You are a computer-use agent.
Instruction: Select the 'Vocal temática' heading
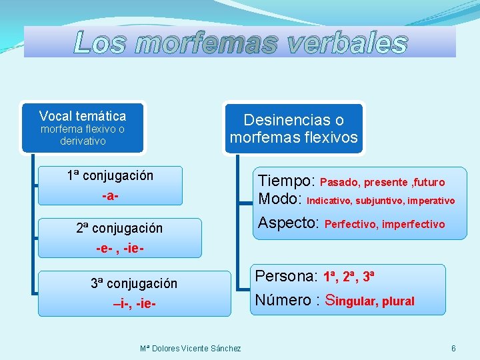click(x=82, y=115)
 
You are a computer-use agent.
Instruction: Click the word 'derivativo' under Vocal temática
click(x=82, y=141)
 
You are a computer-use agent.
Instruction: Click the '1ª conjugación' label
click(x=110, y=175)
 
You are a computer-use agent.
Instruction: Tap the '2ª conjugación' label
click(x=119, y=228)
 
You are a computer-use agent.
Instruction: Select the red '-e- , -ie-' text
click(x=120, y=249)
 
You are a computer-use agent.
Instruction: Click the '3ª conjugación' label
click(x=134, y=283)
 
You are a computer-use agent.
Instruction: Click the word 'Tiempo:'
click(x=287, y=181)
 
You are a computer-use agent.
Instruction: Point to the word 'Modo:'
click(x=281, y=199)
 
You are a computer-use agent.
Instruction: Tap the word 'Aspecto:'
click(x=289, y=223)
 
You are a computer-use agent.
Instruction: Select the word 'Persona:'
click(x=287, y=276)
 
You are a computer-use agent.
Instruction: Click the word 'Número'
click(x=284, y=300)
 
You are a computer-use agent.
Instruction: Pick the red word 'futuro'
click(x=430, y=183)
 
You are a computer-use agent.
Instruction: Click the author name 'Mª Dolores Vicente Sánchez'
click(x=191, y=349)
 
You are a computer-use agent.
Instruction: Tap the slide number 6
click(x=453, y=349)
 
